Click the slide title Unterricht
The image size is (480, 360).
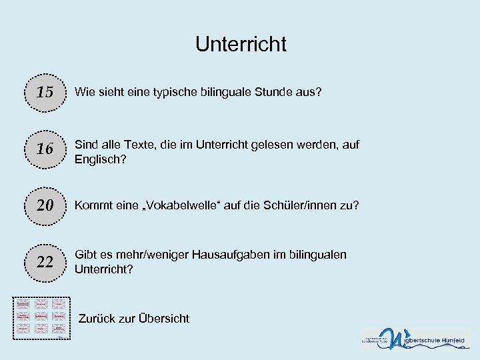[241, 44]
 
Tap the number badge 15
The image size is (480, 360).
[45, 91]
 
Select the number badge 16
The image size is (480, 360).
[45, 149]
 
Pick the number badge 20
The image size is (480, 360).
[45, 205]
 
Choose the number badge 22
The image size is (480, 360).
[45, 262]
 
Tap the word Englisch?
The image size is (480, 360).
[100, 160]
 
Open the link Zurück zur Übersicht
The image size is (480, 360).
[133, 318]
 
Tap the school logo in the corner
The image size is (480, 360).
[415, 339]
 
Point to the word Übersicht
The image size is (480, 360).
[163, 318]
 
